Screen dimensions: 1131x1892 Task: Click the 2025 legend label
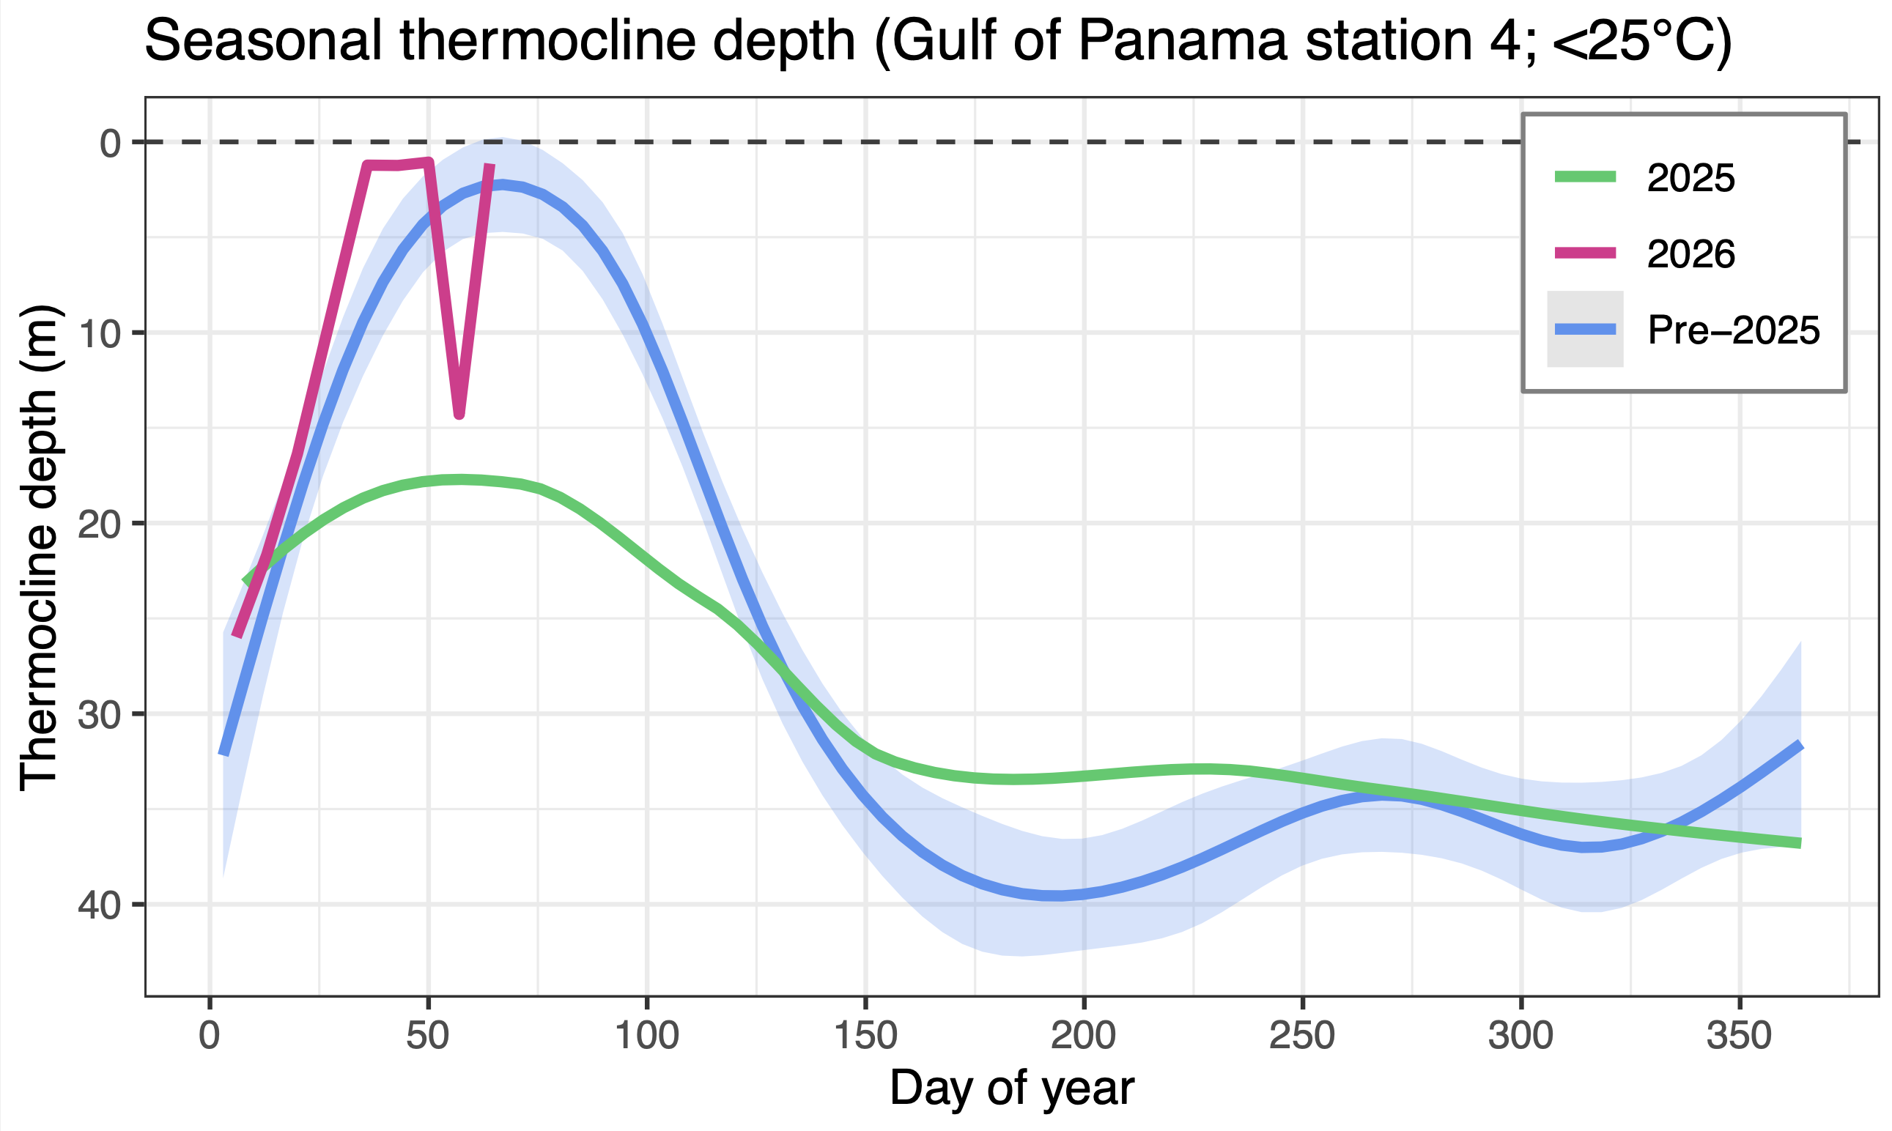1690,178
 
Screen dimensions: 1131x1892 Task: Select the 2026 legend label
1690,253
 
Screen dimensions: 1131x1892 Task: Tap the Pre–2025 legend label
1734,330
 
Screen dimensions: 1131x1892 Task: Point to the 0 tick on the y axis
111,143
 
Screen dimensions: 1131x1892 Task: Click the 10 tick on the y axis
100,333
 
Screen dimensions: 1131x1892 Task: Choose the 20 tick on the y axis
100,524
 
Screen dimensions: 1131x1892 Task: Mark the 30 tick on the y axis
100,714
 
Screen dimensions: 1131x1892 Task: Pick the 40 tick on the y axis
100,905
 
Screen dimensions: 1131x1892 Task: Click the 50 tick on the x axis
428,1037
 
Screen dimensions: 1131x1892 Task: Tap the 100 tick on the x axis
646,1037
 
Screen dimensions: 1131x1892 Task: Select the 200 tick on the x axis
1083,1037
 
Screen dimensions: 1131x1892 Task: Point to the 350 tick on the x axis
1739,1037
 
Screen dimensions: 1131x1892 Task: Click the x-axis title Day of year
1011,1088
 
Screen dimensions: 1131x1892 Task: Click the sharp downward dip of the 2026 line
459,414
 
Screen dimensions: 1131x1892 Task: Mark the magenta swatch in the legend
1586,253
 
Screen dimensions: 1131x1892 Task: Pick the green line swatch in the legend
1586,177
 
